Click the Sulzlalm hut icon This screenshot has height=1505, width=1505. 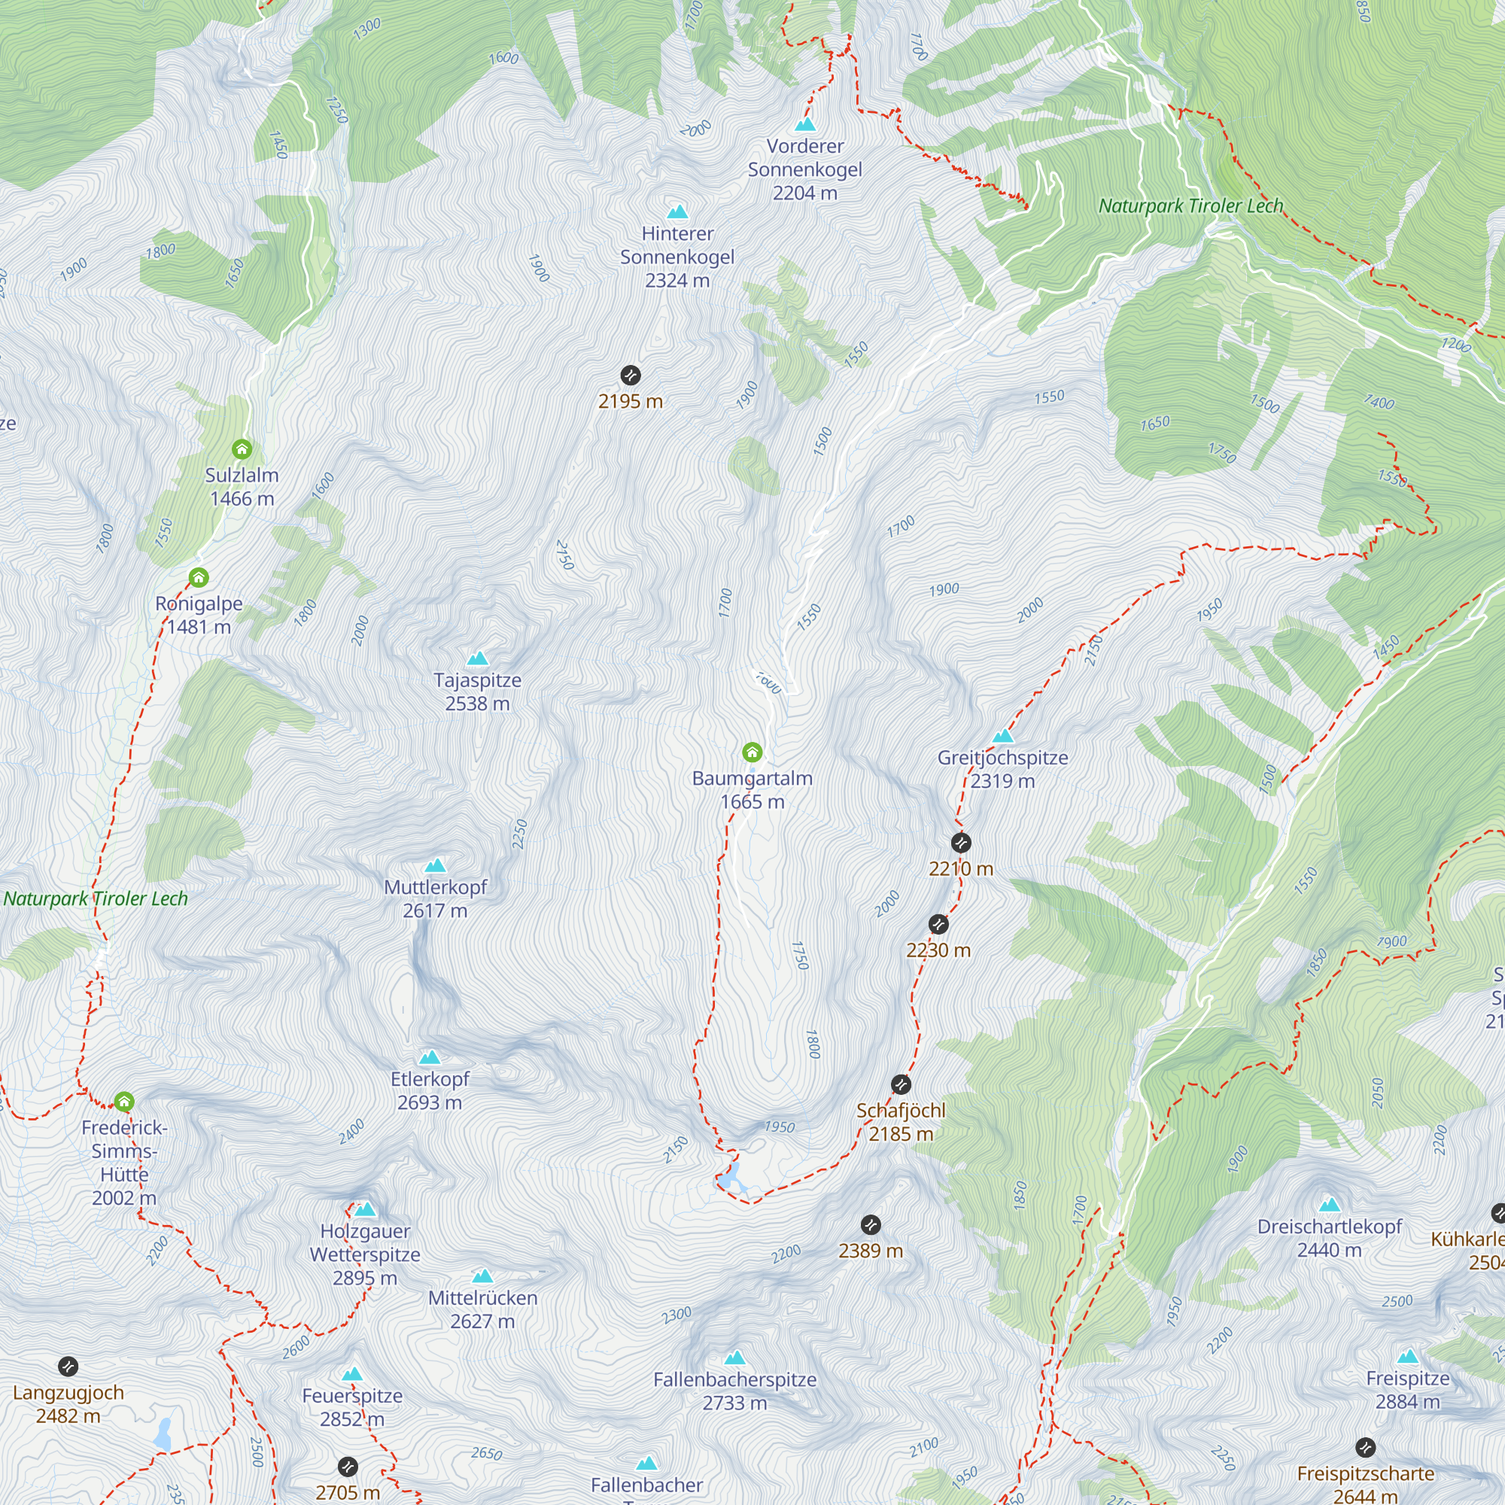click(242, 449)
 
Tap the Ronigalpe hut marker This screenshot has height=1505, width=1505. click(199, 578)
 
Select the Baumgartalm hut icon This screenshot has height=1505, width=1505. click(752, 752)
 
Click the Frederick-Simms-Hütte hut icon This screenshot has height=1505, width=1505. click(124, 1102)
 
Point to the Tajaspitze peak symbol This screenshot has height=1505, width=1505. click(478, 659)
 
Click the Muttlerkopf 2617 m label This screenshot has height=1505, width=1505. click(436, 898)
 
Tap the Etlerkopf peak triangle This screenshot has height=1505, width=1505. click(429, 1058)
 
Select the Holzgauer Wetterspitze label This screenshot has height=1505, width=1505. click(364, 1254)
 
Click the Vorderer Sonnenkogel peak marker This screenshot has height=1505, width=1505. click(804, 125)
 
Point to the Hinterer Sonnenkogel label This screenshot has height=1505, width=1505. click(677, 257)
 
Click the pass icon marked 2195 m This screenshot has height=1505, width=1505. click(630, 376)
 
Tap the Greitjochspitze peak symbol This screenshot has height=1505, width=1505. click(1002, 736)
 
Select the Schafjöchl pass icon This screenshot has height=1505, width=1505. click(901, 1084)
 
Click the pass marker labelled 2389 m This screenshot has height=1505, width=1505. click(871, 1224)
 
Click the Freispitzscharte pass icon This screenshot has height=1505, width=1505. click(1365, 1447)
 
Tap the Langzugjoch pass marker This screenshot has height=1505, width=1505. click(68, 1367)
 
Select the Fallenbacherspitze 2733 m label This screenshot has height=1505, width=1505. click(734, 1391)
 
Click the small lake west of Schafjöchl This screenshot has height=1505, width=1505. click(730, 1178)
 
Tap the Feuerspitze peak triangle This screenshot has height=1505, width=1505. click(352, 1374)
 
